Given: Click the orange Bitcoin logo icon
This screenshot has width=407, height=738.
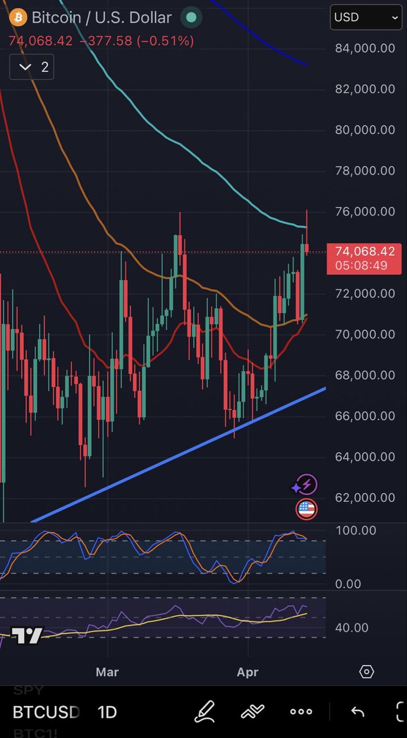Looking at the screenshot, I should pos(17,17).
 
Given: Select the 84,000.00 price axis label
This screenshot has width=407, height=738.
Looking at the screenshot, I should pos(365,48).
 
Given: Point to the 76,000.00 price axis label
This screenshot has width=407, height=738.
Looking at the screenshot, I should pos(365,212).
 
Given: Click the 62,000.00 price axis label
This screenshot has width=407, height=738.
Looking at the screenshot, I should pos(365,497).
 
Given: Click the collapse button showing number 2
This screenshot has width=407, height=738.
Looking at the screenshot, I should pos(32,67).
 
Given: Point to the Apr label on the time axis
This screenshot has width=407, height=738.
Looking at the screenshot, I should pos(248,672).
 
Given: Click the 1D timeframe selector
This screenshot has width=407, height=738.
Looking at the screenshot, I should pos(108,712).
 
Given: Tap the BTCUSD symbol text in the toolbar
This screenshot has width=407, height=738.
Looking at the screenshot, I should pos(47,712).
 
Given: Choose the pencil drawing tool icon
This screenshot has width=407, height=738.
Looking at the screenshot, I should pos(205,712).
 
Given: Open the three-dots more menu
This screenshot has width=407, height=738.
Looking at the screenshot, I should pos(301,712).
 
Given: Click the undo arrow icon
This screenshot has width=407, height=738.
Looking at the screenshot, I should pos(357,712).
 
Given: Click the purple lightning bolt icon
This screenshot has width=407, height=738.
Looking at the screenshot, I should pos(306,485).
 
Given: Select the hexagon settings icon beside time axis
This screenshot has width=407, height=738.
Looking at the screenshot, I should pos(366,672).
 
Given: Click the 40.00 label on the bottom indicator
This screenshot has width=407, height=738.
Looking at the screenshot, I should pos(352,627).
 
